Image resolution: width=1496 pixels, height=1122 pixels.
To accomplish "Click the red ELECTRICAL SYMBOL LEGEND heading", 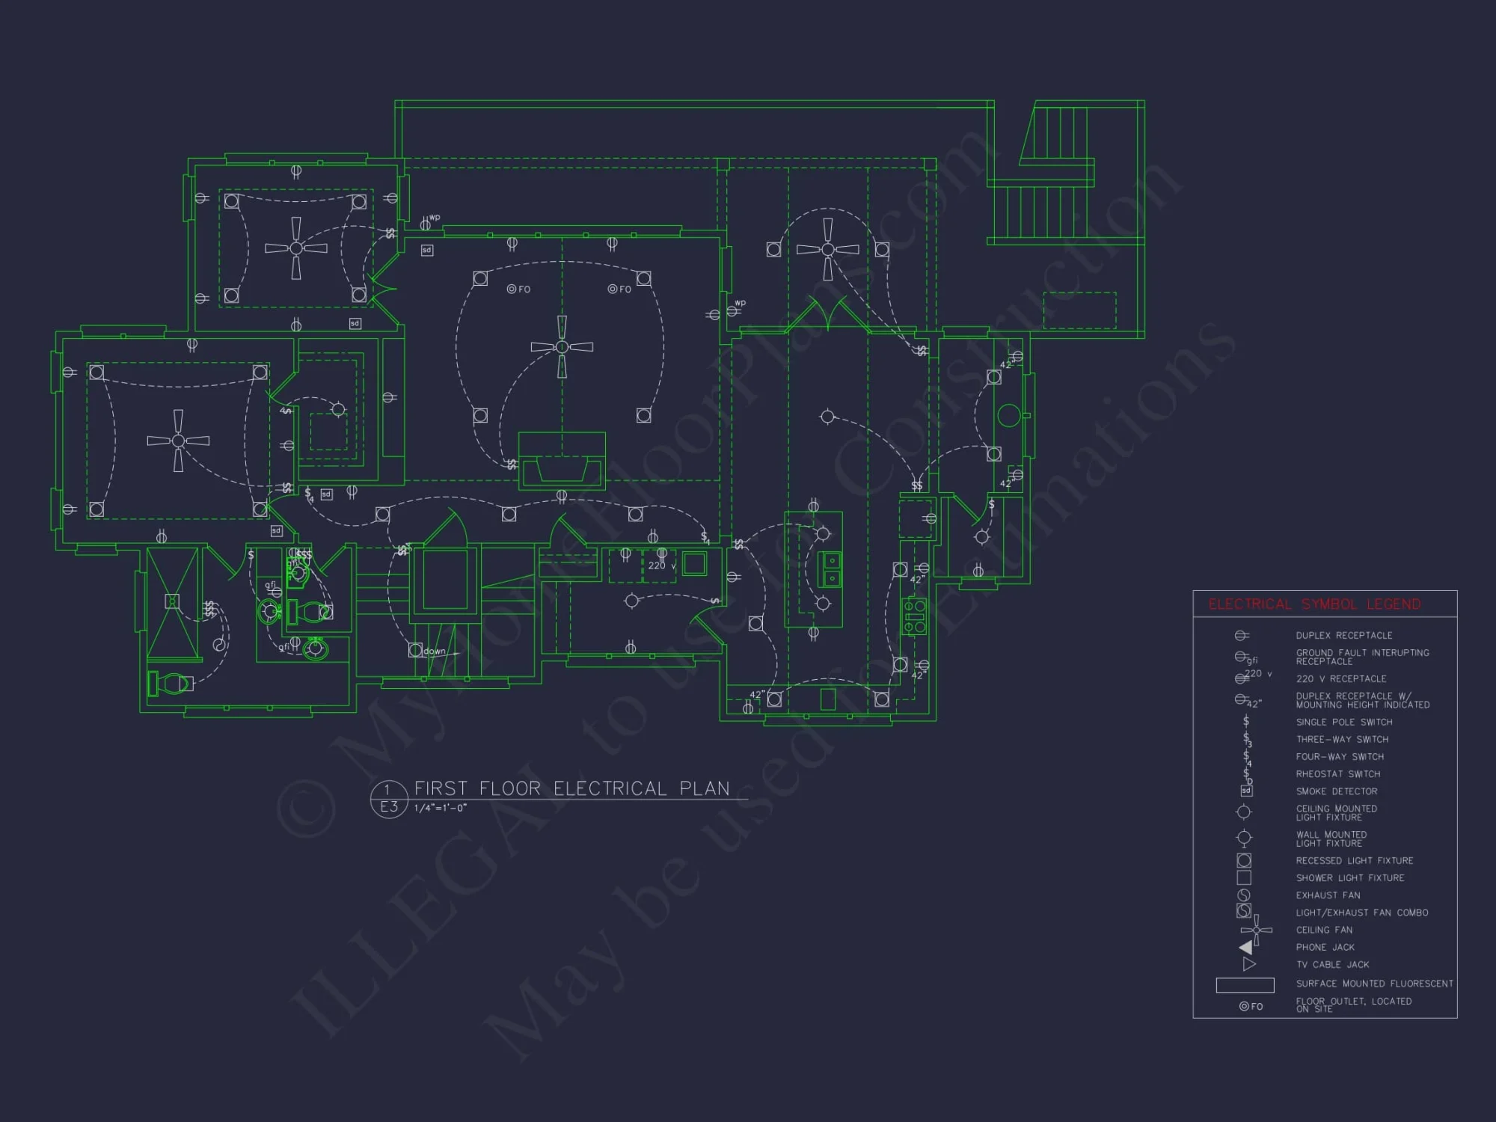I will tap(1314, 604).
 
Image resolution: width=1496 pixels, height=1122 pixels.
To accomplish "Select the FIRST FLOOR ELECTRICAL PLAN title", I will tap(571, 788).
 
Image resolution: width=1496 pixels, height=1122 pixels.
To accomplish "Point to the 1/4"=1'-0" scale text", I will tap(441, 808).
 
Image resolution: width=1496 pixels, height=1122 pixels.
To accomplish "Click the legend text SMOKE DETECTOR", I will tap(1337, 791).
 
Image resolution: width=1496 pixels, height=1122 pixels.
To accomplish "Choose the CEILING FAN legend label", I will tap(1324, 930).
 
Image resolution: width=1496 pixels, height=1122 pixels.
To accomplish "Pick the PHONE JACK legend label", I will tap(1325, 947).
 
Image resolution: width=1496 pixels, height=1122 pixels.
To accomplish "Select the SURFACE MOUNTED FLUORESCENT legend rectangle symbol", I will tap(1245, 985).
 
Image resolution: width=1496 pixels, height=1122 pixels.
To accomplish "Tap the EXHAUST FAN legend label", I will tap(1328, 895).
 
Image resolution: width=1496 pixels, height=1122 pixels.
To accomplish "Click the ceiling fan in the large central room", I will tap(562, 346).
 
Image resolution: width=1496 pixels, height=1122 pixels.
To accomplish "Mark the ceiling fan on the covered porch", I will tap(827, 249).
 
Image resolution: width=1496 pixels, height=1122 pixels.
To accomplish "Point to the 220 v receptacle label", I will tap(661, 565).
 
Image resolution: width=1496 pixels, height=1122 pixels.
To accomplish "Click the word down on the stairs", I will tap(435, 652).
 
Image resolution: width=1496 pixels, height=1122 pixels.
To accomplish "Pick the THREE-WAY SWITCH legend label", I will tap(1342, 739).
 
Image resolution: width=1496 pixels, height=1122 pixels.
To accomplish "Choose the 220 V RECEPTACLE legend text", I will tap(1341, 679).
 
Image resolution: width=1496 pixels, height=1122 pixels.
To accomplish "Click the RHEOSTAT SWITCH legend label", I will tap(1338, 774).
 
